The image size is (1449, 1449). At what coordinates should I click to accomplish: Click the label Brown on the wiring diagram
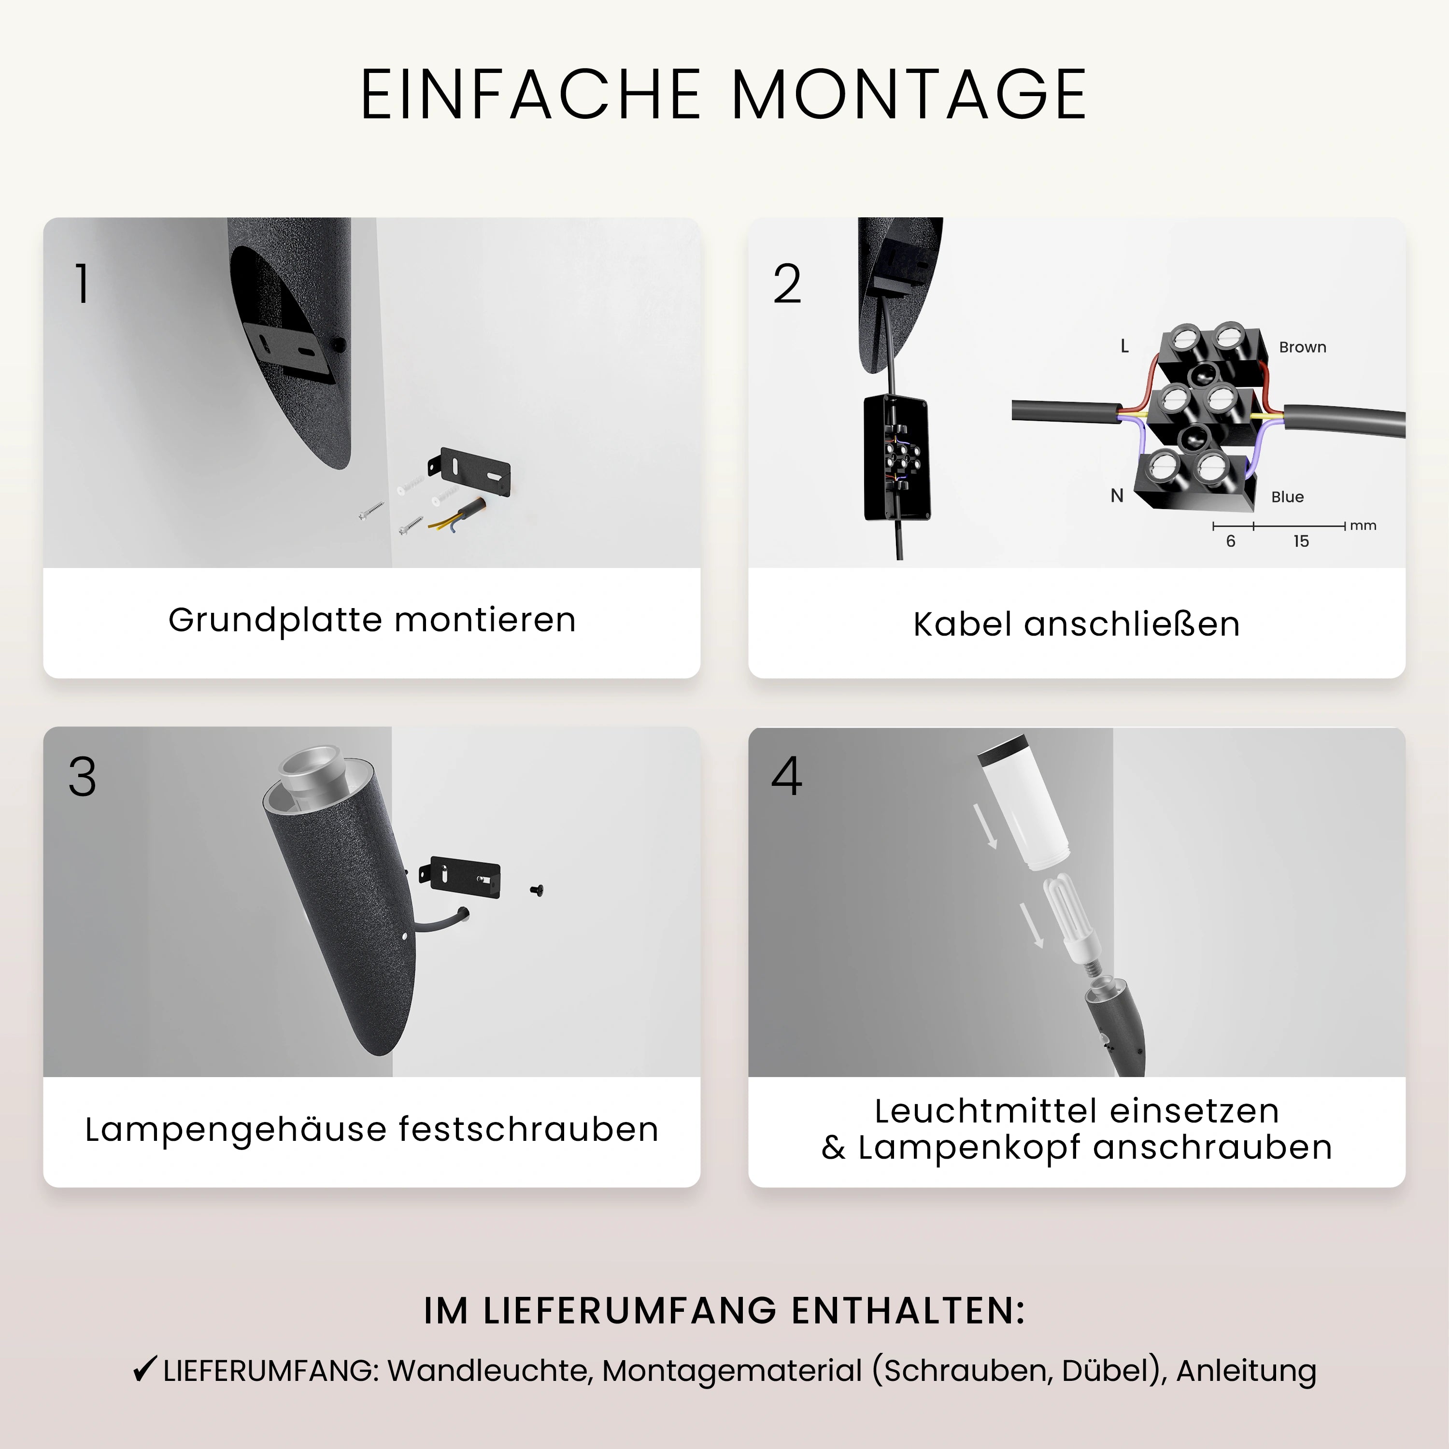1303,347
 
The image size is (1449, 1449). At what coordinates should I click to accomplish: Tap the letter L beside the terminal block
1124,346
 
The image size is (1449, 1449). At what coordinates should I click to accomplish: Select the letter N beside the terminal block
1117,496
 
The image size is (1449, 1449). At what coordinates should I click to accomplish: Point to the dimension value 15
1301,541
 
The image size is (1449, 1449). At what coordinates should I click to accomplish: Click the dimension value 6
1231,541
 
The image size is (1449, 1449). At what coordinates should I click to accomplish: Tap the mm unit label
1364,526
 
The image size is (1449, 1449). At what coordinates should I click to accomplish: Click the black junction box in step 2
897,457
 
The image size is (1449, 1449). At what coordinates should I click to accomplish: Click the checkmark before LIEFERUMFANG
144,1369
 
